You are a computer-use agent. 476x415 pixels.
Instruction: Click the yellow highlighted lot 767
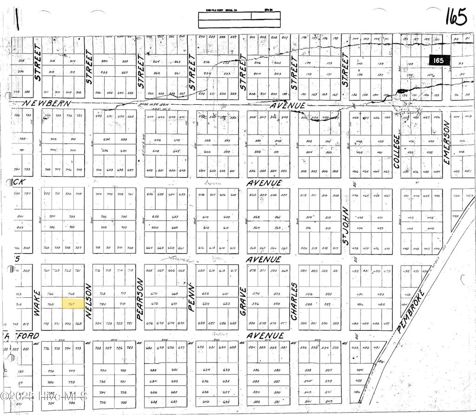[73, 304]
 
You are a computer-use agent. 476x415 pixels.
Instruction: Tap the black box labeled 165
[438, 60]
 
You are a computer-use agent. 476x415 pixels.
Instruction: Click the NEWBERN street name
[48, 103]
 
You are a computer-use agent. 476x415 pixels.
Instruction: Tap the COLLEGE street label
[397, 151]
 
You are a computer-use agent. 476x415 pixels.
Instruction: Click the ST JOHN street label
[345, 226]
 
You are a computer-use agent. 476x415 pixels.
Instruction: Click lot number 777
[72, 371]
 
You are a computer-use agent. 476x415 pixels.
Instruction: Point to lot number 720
[103, 304]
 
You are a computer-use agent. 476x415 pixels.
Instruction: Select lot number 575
[277, 304]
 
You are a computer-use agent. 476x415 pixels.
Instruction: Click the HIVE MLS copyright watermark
[44, 396]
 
